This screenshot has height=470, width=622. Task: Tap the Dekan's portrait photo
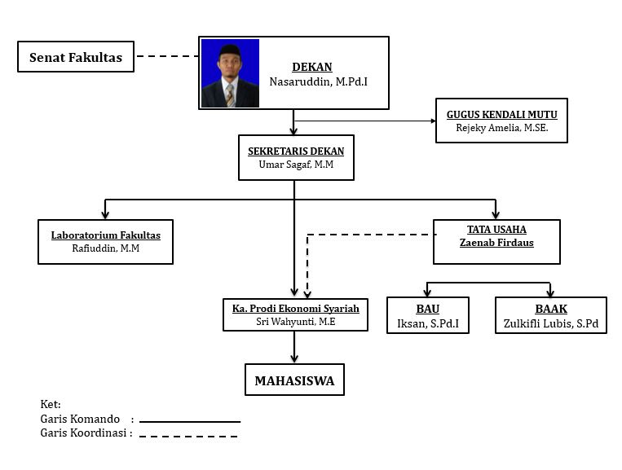[x=230, y=73]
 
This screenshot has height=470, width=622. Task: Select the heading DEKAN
[x=312, y=67]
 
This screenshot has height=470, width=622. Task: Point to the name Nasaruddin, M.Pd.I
[x=319, y=81]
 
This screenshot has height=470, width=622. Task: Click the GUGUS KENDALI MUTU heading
[x=502, y=115]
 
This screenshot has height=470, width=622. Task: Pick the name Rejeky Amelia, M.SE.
[x=502, y=128]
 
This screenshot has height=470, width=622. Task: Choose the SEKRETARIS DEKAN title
[x=296, y=151]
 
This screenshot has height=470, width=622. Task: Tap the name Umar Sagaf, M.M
[x=296, y=164]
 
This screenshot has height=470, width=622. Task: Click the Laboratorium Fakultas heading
[x=105, y=235]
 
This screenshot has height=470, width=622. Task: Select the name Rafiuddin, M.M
[x=105, y=248]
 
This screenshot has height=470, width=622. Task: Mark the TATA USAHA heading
[x=496, y=230]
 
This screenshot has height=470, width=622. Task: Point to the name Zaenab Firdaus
[x=496, y=243]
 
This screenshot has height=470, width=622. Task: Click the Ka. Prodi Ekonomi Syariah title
[x=296, y=309]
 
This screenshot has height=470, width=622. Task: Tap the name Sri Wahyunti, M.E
[x=296, y=322]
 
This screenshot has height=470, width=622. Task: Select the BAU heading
[x=428, y=309]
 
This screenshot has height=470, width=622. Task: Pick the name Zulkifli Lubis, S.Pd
[x=551, y=323]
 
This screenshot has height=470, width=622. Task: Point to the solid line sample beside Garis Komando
[x=190, y=422]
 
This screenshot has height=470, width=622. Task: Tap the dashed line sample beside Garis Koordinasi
[x=188, y=437]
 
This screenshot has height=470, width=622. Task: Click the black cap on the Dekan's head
[x=230, y=51]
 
